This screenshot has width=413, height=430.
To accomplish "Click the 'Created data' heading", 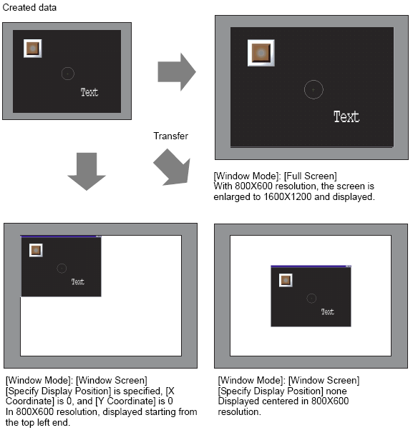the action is coord(29,7).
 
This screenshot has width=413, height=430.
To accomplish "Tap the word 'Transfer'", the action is coord(170,136).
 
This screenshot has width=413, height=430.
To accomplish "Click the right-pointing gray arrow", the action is coord(177,72).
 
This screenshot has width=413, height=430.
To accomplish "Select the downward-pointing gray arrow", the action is coord(87,171).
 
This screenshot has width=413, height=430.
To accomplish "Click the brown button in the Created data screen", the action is coord(33,49).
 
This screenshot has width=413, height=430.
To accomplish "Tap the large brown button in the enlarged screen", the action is coord(261,53).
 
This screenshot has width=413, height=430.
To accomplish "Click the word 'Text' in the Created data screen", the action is coord(89,92).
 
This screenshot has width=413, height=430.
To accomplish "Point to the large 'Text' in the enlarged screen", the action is coord(346,117).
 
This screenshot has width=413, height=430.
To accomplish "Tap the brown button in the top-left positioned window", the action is coord(36,251).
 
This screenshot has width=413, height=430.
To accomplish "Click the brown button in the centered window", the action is coord(286,280).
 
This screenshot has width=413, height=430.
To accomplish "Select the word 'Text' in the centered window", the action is coord(328,312).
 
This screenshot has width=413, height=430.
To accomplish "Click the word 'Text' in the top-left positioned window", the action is coord(78,282).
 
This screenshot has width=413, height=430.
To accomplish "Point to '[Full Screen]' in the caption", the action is coord(310,176).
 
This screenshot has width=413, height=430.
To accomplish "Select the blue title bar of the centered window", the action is coord(311,266).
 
